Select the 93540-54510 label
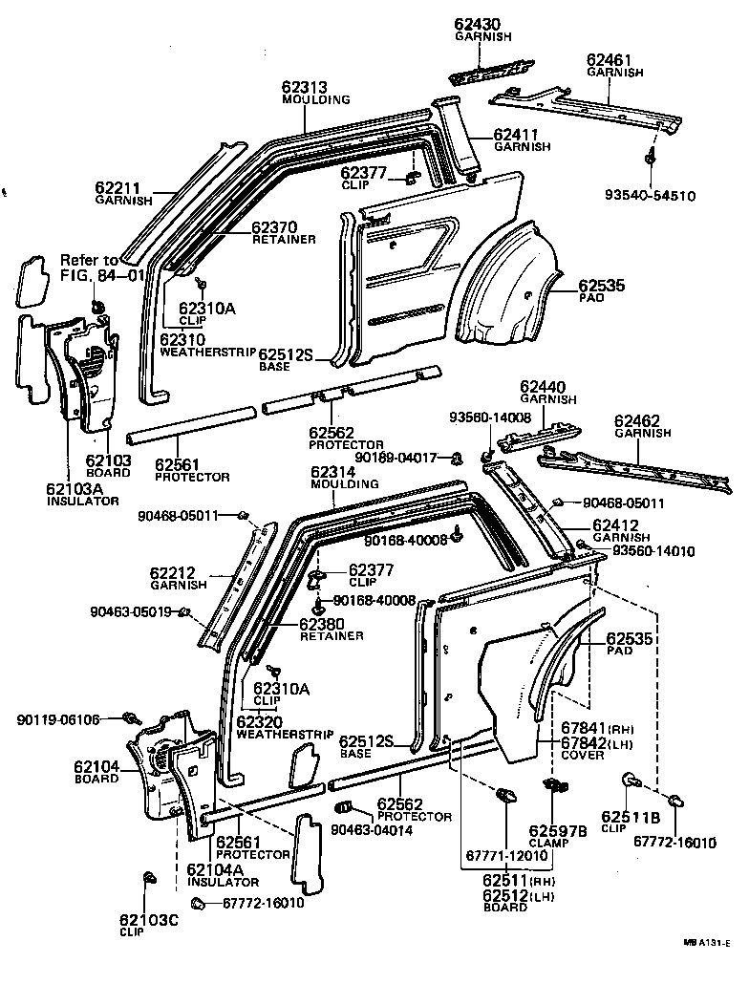(650, 196)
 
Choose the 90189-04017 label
(409, 458)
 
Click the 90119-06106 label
(58, 718)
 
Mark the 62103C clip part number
(148, 920)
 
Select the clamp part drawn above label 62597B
(552, 786)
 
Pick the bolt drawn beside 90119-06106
(131, 717)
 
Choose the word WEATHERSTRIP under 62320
(284, 735)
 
